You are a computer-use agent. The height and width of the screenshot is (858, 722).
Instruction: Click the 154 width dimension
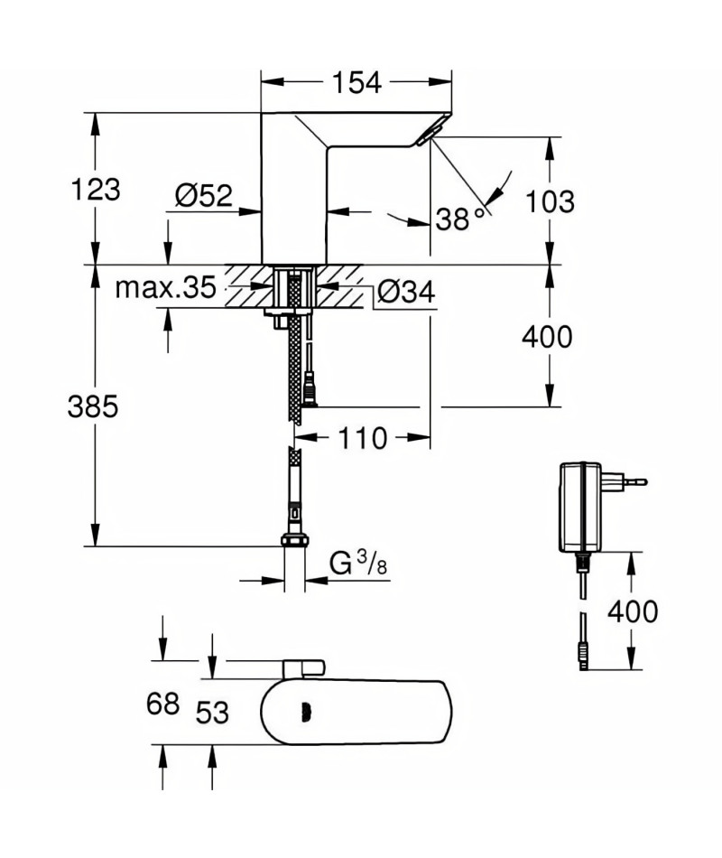[x=356, y=82]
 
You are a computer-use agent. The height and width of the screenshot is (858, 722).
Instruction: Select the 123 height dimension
[x=96, y=190]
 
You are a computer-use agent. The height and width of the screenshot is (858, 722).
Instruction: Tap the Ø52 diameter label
[x=203, y=195]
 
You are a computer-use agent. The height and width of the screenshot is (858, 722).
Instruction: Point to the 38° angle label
[x=460, y=219]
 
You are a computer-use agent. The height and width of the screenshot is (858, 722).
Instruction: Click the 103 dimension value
[x=551, y=202]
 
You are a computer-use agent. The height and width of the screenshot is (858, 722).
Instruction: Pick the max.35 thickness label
[x=166, y=287]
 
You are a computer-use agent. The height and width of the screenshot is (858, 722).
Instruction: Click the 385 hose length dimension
[x=93, y=407]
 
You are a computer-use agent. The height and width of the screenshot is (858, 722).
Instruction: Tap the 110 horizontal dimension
[x=363, y=438]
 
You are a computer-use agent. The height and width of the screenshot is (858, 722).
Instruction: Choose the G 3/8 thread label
[x=358, y=563]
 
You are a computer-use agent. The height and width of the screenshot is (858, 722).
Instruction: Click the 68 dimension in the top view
[x=163, y=704]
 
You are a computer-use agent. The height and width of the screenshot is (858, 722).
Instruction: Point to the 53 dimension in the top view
[x=212, y=713]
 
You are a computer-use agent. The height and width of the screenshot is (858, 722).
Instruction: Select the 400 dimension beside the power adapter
[x=633, y=611]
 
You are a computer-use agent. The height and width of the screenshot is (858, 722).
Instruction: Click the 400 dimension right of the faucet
[x=547, y=337]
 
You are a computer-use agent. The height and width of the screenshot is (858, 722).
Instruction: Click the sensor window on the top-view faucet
[x=306, y=712]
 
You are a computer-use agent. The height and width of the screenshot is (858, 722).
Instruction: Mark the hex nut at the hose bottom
[x=295, y=540]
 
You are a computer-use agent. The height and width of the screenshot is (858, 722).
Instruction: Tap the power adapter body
[x=580, y=508]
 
